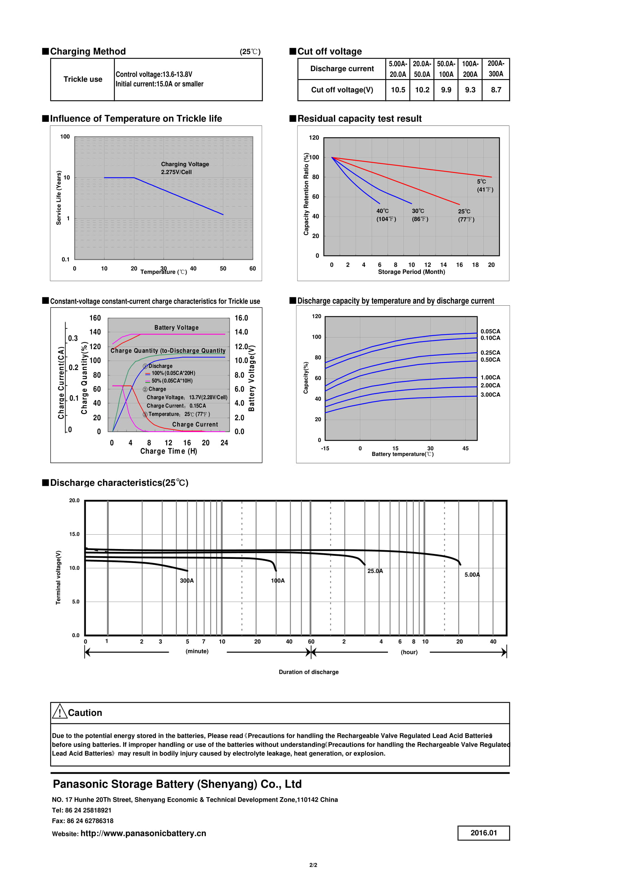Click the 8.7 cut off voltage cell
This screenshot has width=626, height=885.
tap(496, 90)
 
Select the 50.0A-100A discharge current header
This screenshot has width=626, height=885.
tap(446, 69)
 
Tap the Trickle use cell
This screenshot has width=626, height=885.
tap(83, 79)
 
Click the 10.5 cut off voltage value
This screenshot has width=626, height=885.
tap(398, 90)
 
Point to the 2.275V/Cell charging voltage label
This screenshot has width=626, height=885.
tap(176, 172)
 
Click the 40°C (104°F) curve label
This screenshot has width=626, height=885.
tap(386, 215)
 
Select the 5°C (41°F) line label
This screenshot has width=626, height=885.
tap(484, 185)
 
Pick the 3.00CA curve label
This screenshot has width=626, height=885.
tap(490, 395)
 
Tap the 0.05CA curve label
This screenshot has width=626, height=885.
tap(490, 331)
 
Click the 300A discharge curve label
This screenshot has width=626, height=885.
tap(187, 580)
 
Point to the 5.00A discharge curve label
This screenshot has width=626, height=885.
tap(472, 575)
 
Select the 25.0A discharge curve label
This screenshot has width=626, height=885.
tap(375, 571)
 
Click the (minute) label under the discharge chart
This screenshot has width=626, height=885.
tap(197, 651)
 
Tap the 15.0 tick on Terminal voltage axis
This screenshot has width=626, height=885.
tap(75, 534)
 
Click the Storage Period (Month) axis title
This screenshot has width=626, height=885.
tap(411, 272)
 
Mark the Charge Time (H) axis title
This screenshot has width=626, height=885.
tap(168, 451)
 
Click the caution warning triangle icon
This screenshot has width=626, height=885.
tap(60, 712)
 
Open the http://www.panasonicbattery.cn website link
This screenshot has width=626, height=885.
tap(143, 833)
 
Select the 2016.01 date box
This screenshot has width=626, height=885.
tap(483, 832)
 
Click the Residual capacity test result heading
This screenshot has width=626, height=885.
tap(359, 119)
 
